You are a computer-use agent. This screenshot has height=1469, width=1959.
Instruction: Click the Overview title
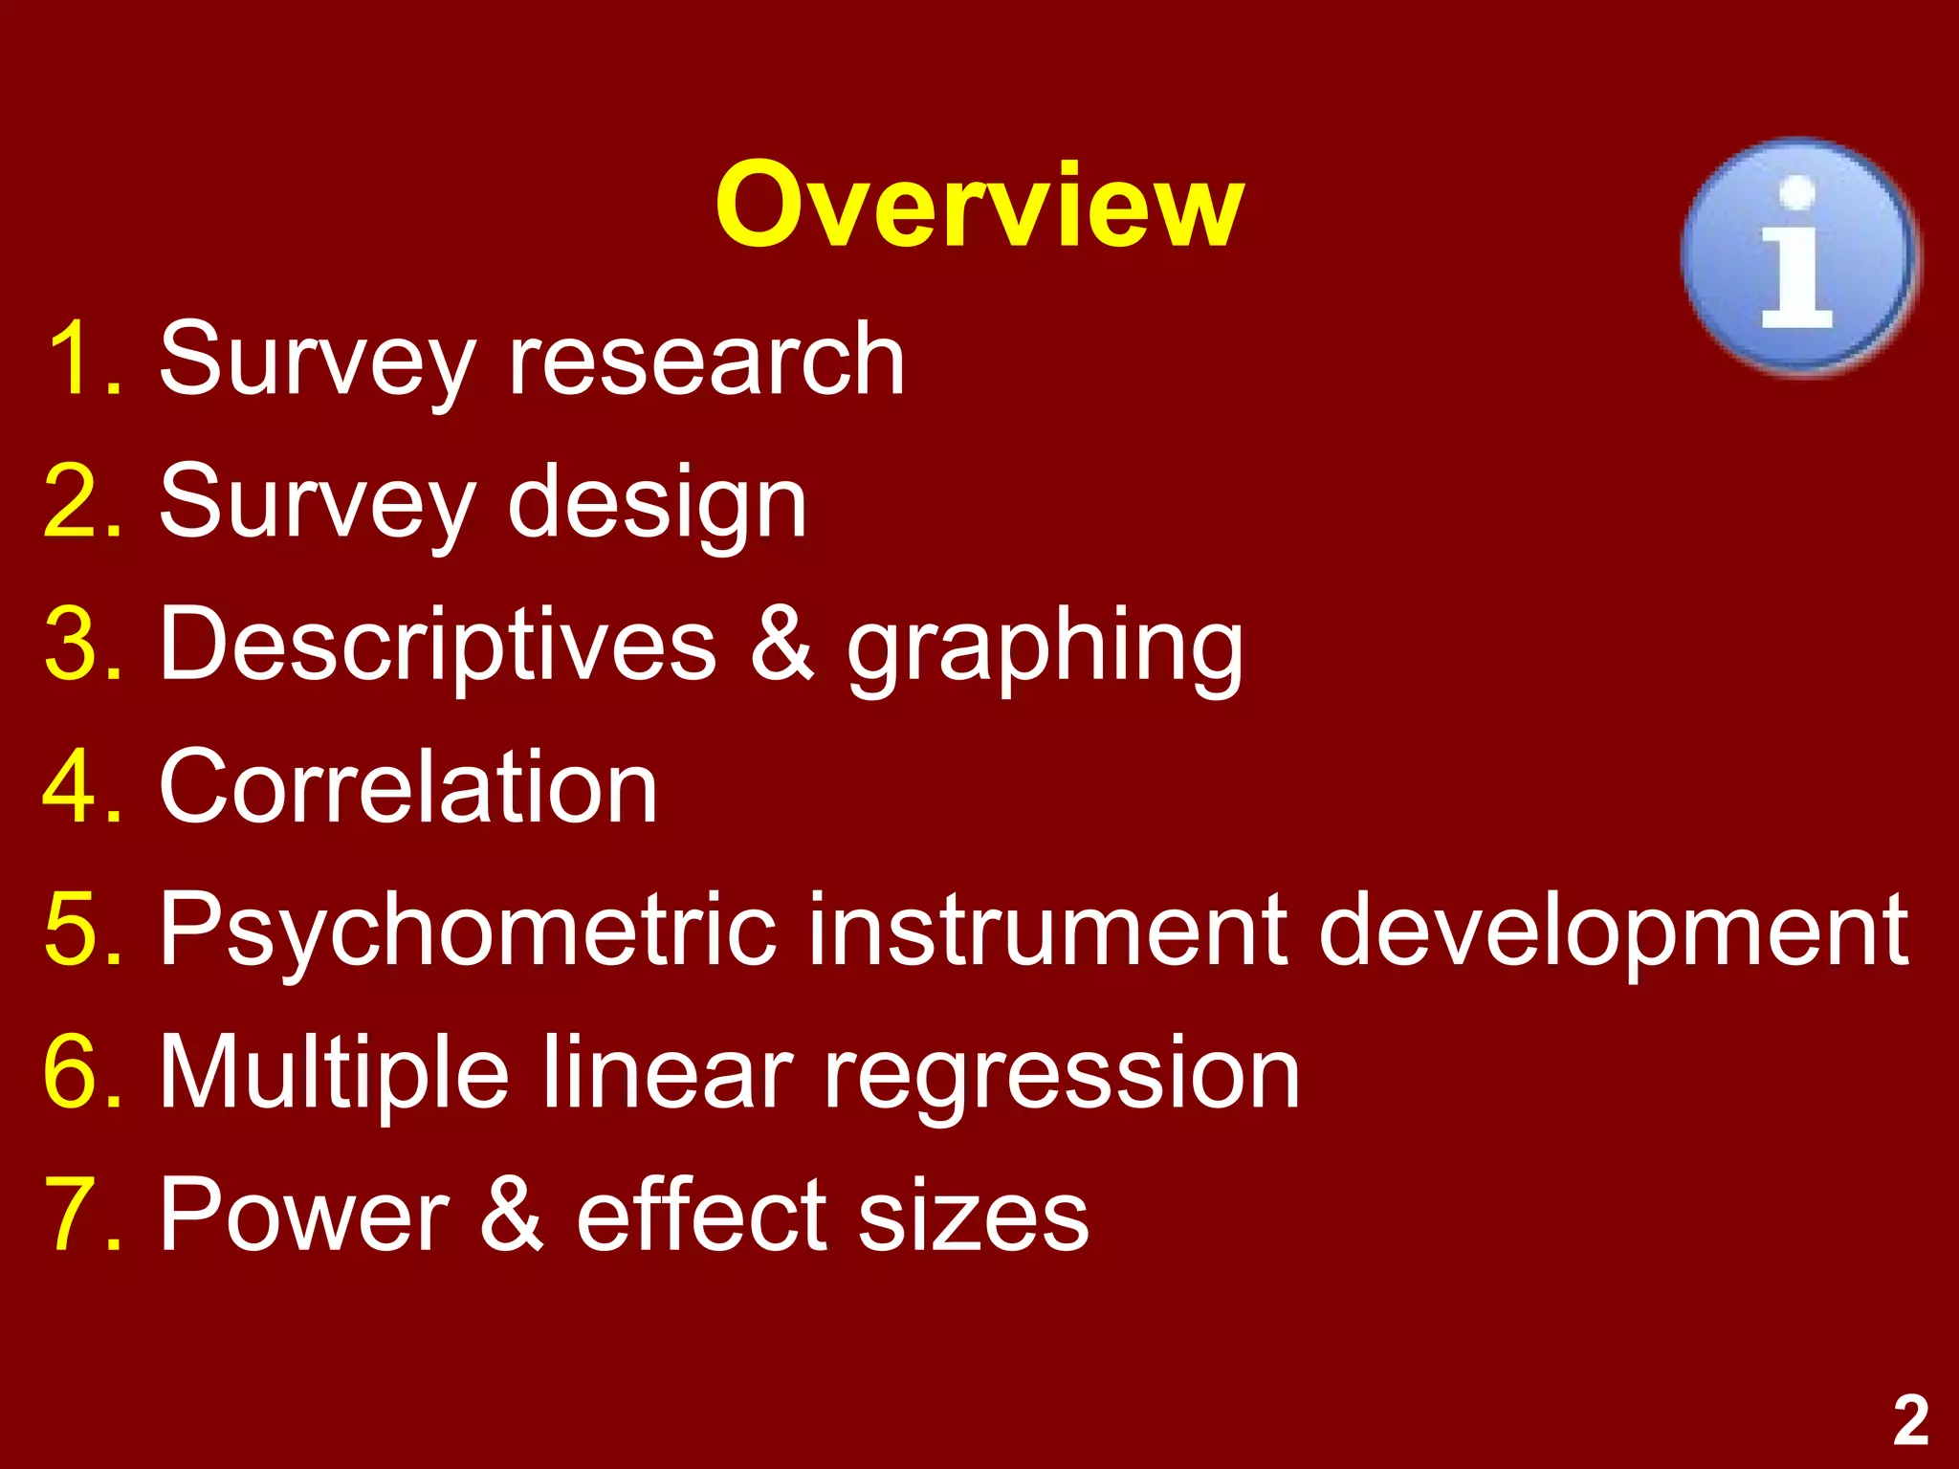tap(979, 206)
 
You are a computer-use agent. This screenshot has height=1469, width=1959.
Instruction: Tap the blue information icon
tap(1798, 256)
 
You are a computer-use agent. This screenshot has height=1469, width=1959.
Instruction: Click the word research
tap(706, 359)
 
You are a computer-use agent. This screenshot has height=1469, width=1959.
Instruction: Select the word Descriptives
tap(437, 646)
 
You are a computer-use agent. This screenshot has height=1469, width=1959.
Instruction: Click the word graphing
tap(1045, 650)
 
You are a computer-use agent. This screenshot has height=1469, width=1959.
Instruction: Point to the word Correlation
tap(408, 786)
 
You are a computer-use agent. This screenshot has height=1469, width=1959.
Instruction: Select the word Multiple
tap(333, 1073)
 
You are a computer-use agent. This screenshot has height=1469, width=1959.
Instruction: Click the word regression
tap(1062, 1076)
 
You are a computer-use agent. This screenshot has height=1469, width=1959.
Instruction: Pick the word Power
tap(303, 1215)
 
